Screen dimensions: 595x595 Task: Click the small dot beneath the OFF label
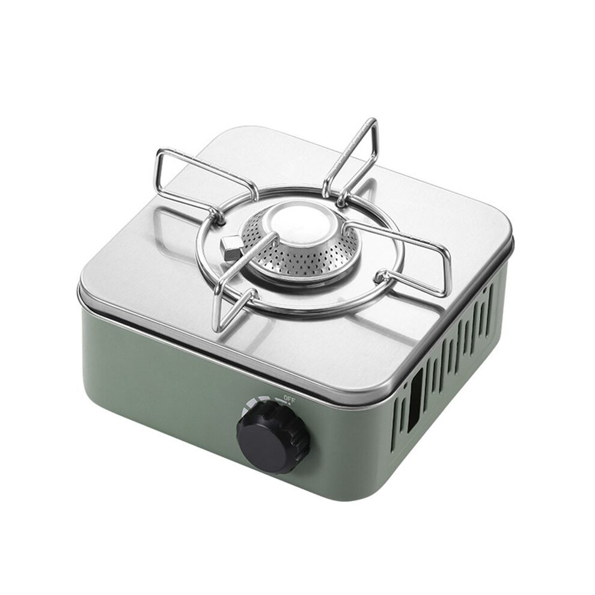pos(290,404)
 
